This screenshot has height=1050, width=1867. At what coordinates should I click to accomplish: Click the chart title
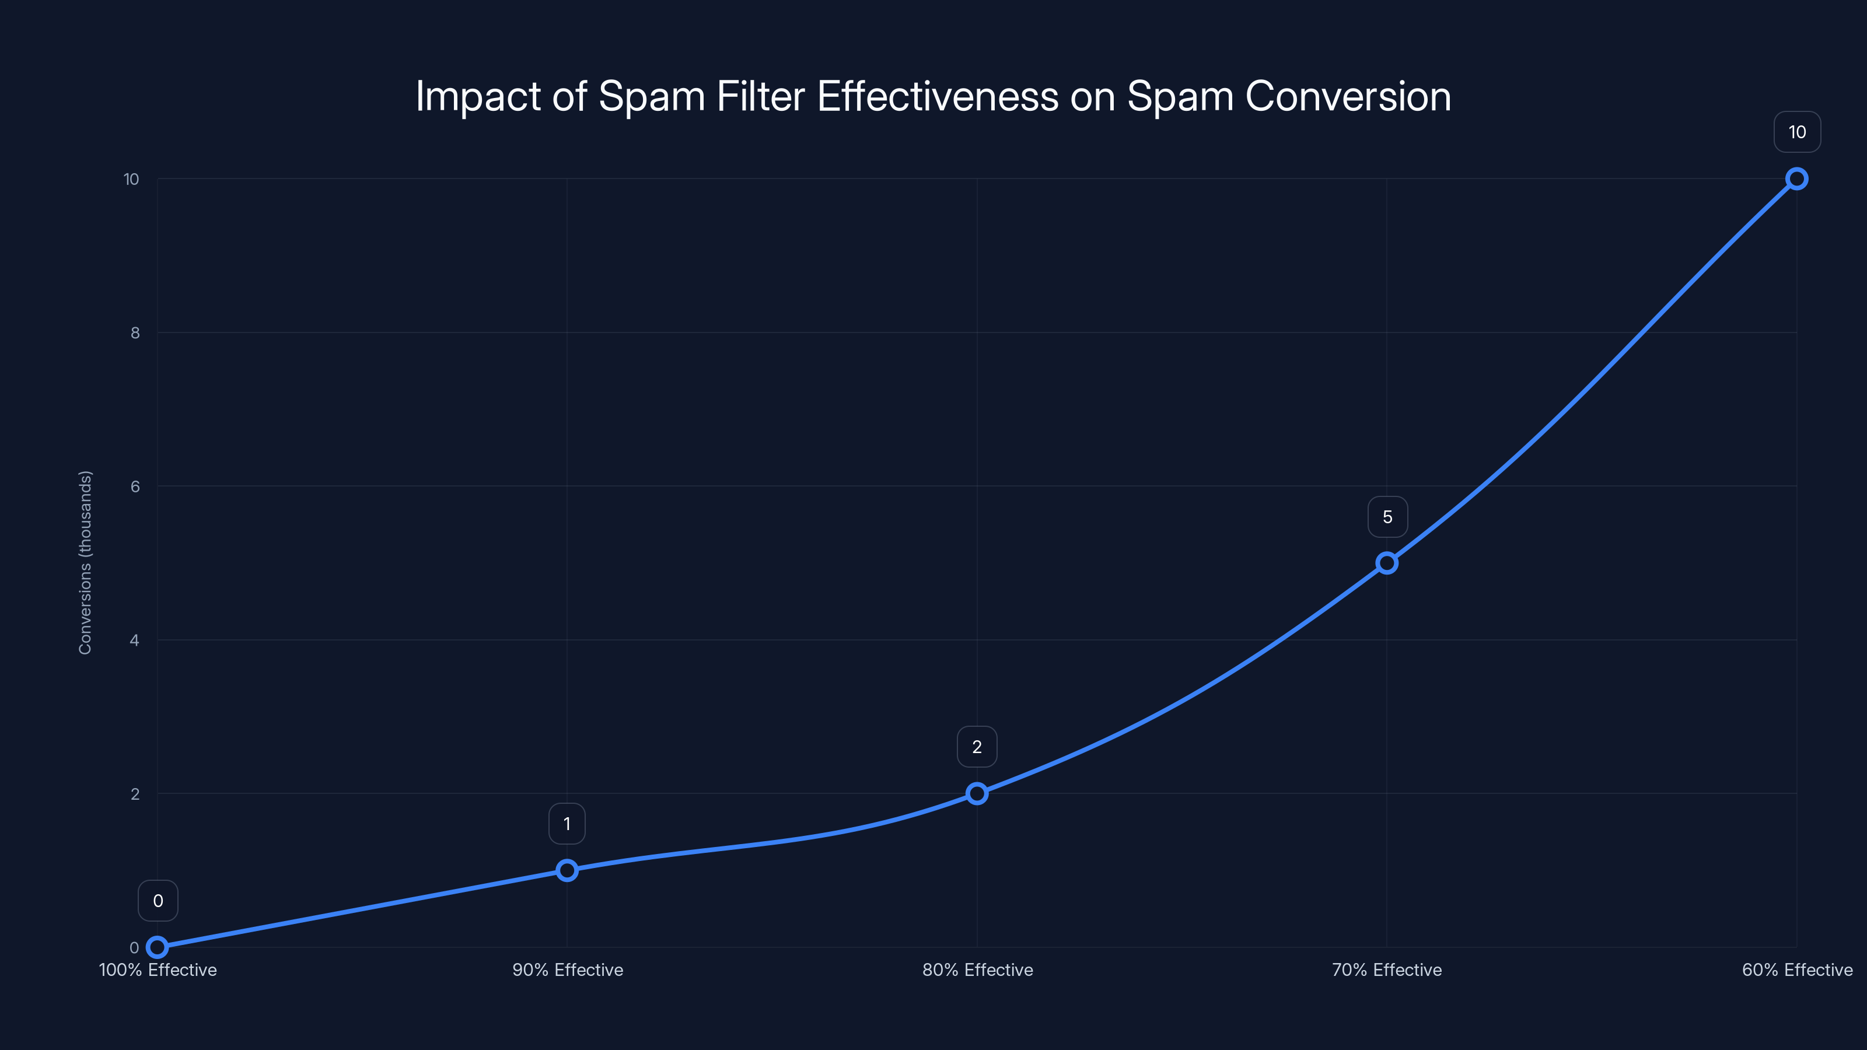tap(934, 96)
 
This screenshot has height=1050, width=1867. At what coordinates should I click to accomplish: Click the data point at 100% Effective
tap(158, 947)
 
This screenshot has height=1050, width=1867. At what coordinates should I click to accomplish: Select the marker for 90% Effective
tap(567, 870)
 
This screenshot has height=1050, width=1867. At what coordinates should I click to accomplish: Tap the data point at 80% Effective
tap(977, 793)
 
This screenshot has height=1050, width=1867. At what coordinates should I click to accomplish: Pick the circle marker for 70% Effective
tap(1386, 563)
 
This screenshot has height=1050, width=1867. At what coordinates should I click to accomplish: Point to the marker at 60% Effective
tap(1797, 179)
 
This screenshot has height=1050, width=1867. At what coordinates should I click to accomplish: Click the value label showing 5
tap(1387, 517)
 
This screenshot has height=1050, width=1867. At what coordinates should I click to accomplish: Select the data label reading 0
tap(158, 901)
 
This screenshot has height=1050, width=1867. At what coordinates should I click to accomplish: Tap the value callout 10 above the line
tap(1797, 132)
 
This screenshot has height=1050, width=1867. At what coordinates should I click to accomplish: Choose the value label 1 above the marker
tap(567, 824)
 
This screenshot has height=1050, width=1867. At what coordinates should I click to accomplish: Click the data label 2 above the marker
tap(977, 747)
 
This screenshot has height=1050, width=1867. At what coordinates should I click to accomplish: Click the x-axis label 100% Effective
tap(158, 970)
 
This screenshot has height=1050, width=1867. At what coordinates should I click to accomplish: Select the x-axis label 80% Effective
tap(977, 970)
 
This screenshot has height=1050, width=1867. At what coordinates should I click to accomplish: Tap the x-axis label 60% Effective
tap(1797, 970)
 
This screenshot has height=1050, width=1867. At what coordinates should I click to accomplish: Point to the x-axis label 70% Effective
tap(1386, 970)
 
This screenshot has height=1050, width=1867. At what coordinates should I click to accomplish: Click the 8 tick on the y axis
tap(135, 332)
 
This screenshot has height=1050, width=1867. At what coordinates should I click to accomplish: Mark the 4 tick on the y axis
tap(134, 640)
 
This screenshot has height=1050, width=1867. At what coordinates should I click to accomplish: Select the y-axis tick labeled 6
tap(135, 487)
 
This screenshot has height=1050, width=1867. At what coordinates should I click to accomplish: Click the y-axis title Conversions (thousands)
tap(86, 562)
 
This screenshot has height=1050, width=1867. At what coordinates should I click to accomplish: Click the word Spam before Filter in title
tap(651, 97)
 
